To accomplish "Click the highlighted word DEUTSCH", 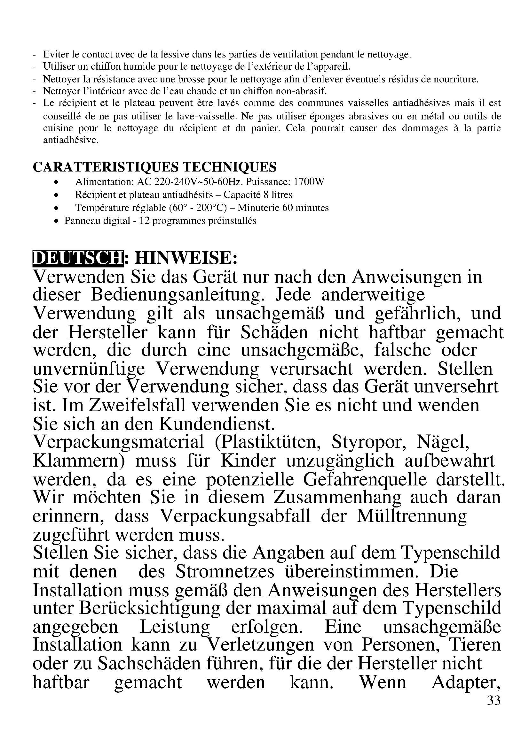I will coord(78,258).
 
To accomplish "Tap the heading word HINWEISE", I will coord(186,258).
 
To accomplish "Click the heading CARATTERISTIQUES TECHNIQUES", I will coord(154,167).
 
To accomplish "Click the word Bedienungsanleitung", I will coord(180,295).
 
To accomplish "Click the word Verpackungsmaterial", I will coord(119,442).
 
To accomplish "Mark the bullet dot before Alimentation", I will coord(57,182).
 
